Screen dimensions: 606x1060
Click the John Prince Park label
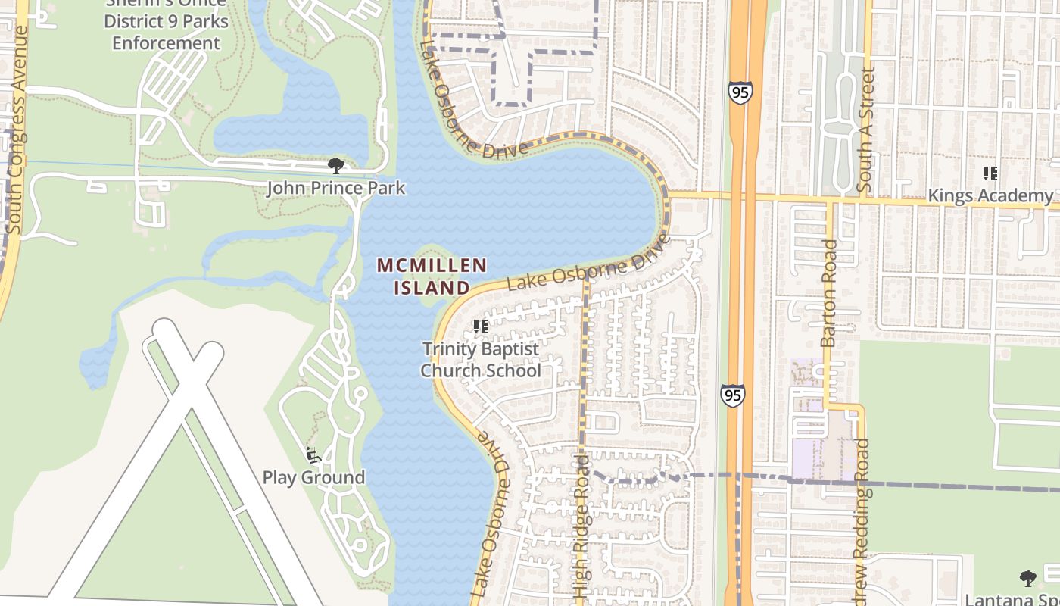335,188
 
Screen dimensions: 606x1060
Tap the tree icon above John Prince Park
335,165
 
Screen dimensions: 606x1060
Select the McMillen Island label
432,276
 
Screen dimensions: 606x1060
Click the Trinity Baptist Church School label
481,360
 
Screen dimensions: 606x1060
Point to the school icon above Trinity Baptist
480,326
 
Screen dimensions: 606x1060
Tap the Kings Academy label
990,196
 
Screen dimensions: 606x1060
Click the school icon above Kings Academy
990,173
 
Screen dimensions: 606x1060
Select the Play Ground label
313,477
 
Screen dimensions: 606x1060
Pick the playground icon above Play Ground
311,454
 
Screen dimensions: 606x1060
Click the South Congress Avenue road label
16,129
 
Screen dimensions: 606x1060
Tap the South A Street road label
866,129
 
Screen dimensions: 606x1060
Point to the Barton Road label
829,293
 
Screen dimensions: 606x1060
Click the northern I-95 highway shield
740,92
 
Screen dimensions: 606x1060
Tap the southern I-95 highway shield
732,395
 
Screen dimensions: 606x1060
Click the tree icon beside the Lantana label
1027,579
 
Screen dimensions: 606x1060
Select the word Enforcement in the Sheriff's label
166,43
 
